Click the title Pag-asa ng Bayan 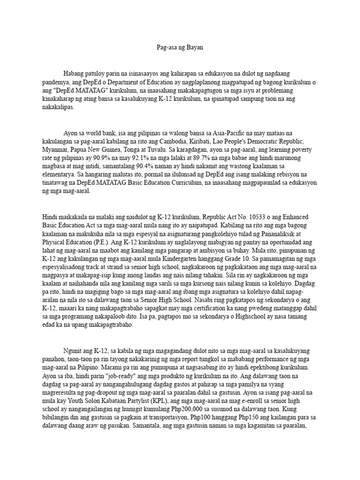click(x=180, y=48)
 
